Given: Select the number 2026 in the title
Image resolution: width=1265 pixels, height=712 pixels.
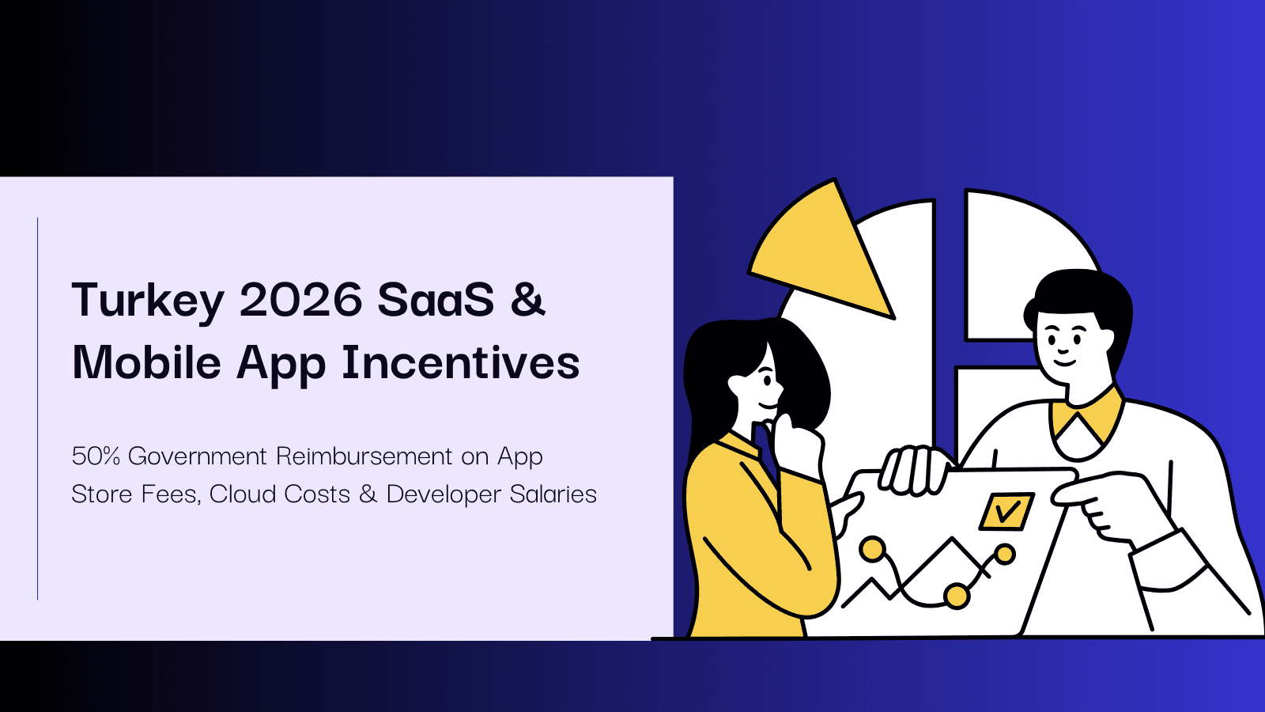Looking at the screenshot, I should coord(300,301).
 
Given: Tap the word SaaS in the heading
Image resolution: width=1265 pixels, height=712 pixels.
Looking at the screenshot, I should coord(436,301).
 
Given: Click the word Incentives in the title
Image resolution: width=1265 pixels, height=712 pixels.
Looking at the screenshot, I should coord(460,363).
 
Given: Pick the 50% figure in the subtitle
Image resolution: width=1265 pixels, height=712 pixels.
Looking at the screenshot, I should coord(96,456).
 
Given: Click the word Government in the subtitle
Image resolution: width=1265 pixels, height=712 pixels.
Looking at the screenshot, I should coord(198,456).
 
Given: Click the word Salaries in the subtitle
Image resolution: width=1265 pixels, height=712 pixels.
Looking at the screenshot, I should coord(553,494).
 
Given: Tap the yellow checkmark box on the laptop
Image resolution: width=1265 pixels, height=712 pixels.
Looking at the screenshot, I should coord(1006,513).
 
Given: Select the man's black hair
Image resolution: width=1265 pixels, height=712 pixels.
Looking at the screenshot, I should coord(1083,293).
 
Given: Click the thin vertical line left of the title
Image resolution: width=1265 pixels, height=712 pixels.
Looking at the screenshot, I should coord(38,408).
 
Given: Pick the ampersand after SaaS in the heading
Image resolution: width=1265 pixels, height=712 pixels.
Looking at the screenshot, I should coord(527,301).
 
